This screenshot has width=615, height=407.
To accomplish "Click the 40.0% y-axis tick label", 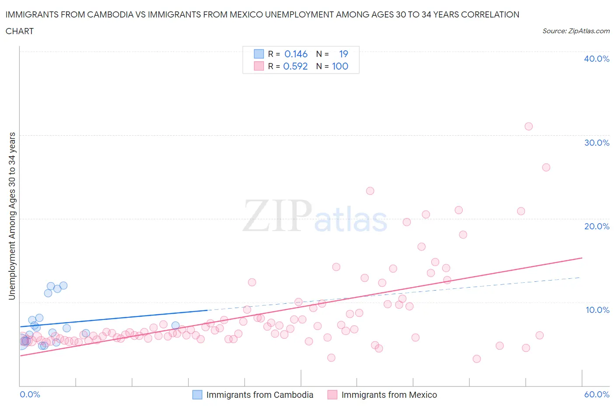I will click(596, 59).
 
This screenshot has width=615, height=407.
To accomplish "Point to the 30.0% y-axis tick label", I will click(596, 143).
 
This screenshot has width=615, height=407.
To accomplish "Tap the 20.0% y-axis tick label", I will click(596, 226).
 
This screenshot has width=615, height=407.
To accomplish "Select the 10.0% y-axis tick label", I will click(597, 310).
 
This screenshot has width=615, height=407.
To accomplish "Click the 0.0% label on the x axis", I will click(30, 394).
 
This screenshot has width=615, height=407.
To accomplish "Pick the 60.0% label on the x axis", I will click(596, 394).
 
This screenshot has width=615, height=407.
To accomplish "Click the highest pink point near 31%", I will click(528, 126).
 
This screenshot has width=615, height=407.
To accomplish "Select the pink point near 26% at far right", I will click(546, 167).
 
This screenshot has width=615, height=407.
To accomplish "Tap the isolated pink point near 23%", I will click(370, 191).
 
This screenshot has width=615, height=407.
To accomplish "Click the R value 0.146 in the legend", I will click(296, 54).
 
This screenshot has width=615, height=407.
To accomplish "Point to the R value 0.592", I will click(295, 66).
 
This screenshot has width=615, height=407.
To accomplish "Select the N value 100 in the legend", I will click(340, 66).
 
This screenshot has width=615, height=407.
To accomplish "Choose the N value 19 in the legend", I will click(343, 54).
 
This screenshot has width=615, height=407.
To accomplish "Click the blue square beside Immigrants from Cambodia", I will click(197, 395).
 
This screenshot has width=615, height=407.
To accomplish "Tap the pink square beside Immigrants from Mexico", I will click(332, 395).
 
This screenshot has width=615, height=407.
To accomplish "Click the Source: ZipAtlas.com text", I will click(576, 31).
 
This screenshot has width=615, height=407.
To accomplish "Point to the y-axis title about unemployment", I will click(12, 216).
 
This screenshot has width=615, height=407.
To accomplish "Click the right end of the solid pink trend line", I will click(582, 258).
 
